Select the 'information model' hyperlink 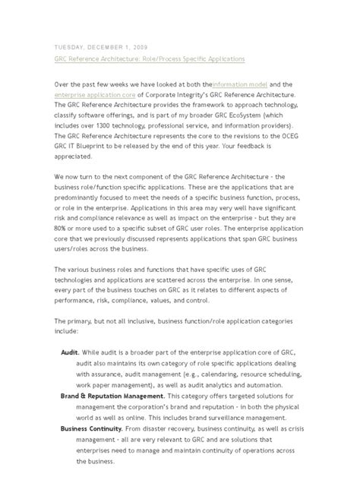tap(241, 84)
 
